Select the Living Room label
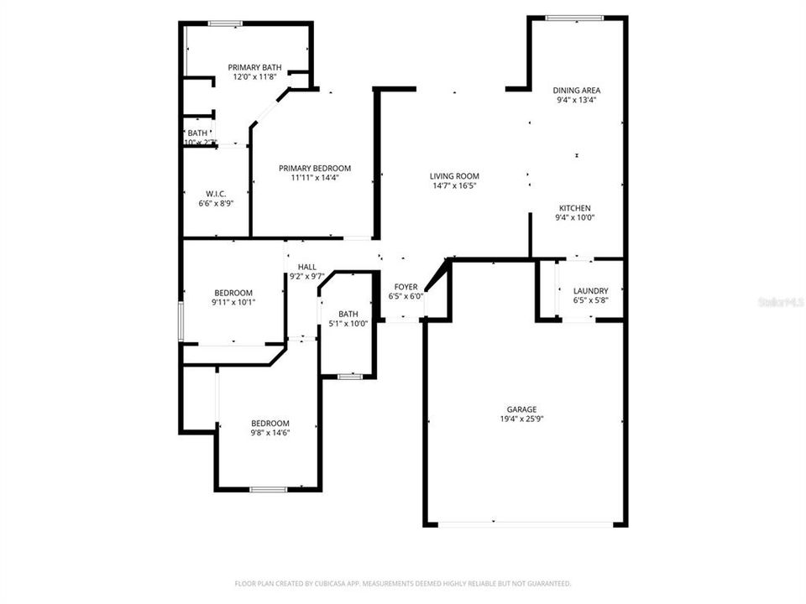(x=453, y=176)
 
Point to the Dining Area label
(x=576, y=90)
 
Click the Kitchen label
(x=576, y=208)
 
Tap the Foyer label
(x=406, y=287)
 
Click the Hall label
(x=307, y=267)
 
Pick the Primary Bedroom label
(x=315, y=168)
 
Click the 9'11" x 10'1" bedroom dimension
(x=233, y=302)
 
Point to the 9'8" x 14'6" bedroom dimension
(x=270, y=433)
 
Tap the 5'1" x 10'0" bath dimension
(x=348, y=324)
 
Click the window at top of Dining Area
(x=574, y=18)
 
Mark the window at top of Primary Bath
(x=225, y=23)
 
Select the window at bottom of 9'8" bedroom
(x=268, y=489)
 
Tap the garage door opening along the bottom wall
(x=526, y=524)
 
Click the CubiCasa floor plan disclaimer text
(x=403, y=583)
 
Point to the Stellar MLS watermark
(x=781, y=300)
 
